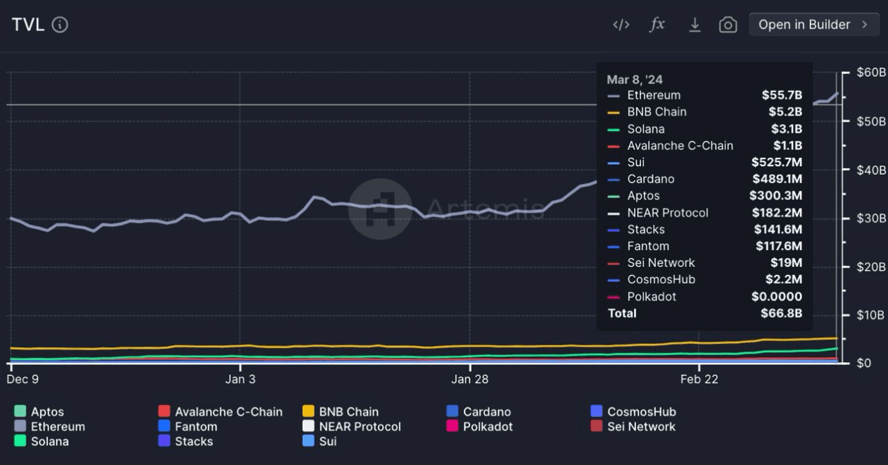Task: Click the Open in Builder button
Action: [x=813, y=25]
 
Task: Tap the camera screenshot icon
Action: [x=728, y=25]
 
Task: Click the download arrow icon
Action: [x=694, y=25]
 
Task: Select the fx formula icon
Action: [x=657, y=25]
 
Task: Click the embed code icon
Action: [x=621, y=25]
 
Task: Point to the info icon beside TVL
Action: [x=61, y=25]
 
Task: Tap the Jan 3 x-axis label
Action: [x=240, y=380]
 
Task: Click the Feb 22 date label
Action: [x=699, y=380]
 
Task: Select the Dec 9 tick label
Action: [x=23, y=380]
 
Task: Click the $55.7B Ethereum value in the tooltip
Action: [x=781, y=95]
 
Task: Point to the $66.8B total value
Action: [x=781, y=314]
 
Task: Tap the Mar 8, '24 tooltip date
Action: [x=635, y=80]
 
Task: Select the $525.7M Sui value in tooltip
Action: [x=776, y=163]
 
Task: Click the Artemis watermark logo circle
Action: [x=380, y=209]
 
